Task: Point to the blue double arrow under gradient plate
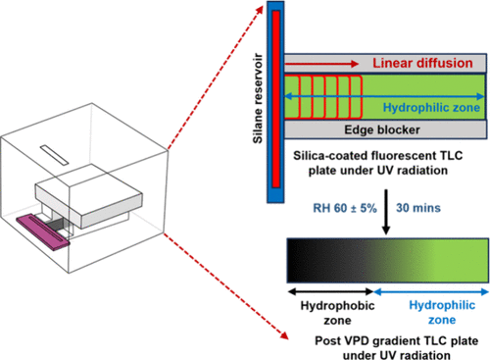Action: coord(431,289)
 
